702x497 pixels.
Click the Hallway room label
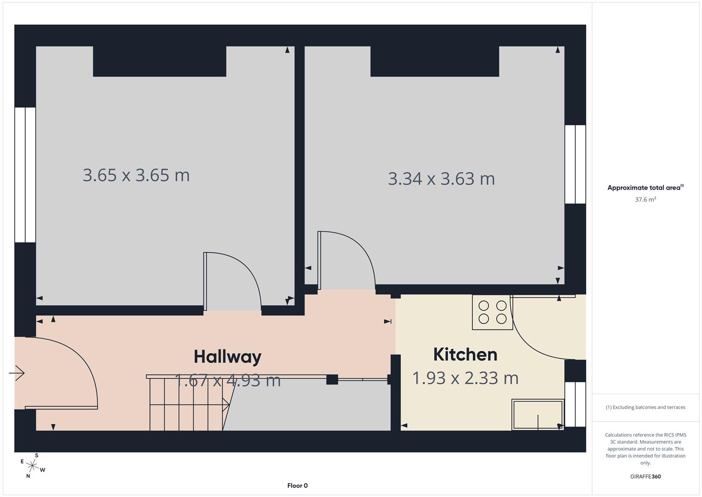(227, 357)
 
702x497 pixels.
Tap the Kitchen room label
(465, 354)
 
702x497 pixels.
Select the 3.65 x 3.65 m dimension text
(136, 175)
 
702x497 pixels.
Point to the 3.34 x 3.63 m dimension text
(441, 179)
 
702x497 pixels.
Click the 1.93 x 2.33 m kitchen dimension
(465, 378)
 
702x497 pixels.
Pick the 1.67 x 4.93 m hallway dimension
(228, 381)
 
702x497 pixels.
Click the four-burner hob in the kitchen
(492, 312)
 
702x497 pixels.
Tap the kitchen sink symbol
(537, 415)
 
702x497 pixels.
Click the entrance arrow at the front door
(17, 373)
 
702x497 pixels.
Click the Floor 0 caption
(297, 485)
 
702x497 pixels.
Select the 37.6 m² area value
(645, 200)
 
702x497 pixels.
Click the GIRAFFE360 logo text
(645, 477)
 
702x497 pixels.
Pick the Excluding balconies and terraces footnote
(645, 407)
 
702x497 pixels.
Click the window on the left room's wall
(25, 175)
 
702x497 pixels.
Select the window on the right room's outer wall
(575, 164)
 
